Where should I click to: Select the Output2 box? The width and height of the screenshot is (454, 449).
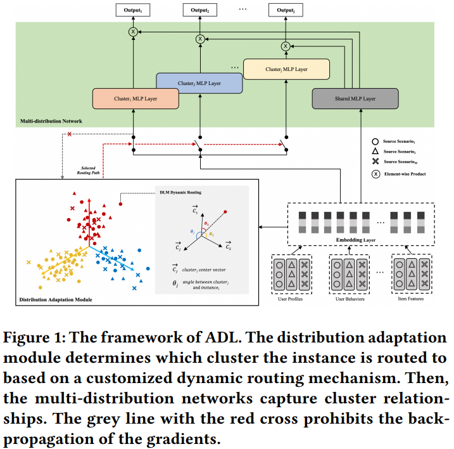[200, 10]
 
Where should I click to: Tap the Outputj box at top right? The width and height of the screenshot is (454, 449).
[285, 10]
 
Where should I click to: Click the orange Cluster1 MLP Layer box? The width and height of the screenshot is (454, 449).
[135, 99]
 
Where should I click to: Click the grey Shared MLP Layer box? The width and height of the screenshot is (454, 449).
[355, 99]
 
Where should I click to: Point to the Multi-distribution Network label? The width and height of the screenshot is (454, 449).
[52, 120]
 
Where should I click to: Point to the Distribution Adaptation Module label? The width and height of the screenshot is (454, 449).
[56, 299]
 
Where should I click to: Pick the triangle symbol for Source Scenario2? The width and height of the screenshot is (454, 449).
[376, 151]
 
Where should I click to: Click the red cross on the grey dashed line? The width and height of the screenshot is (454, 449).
[68, 134]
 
